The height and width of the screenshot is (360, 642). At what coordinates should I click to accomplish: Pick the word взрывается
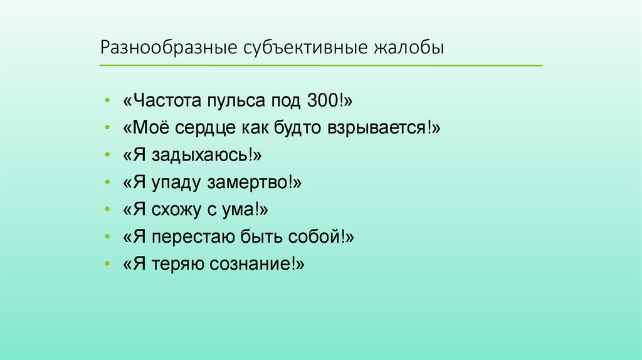coord(376,128)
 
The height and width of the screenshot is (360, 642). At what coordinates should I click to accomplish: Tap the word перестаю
coord(191,237)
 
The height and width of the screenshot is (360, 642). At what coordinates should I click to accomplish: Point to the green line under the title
coord(320,65)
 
